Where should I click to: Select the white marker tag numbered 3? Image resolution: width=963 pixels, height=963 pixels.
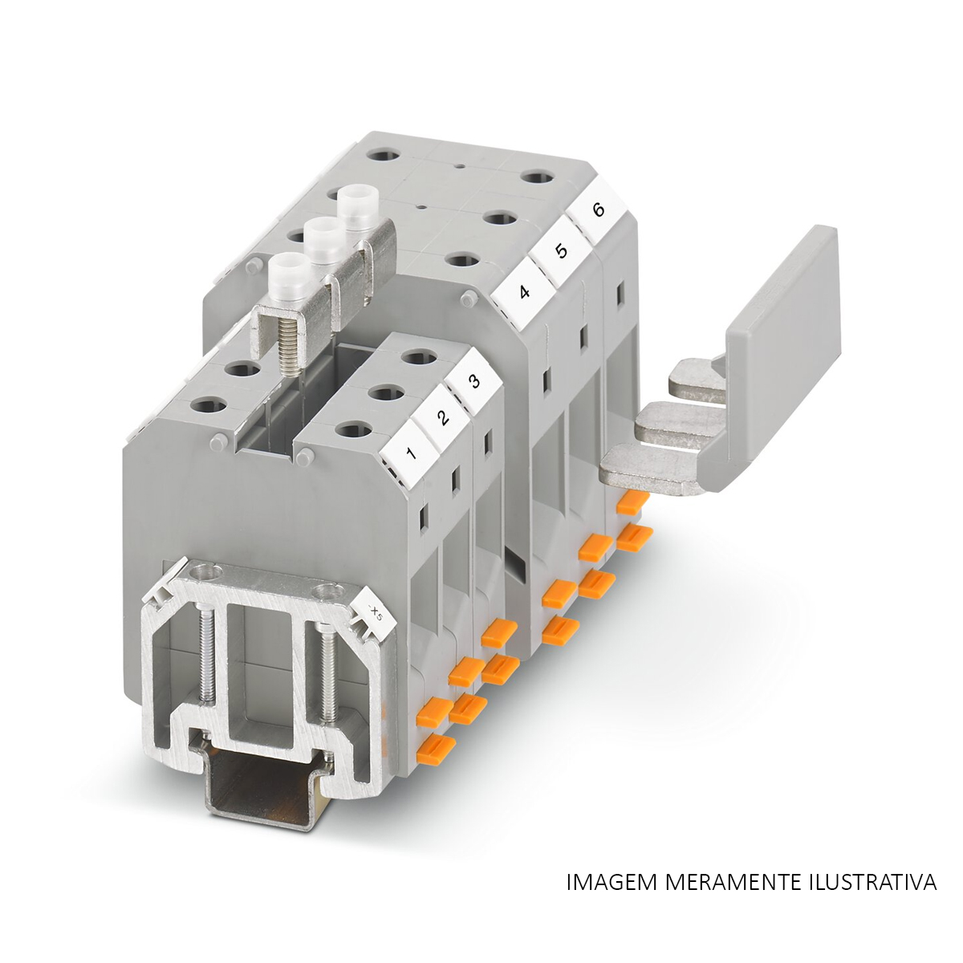[474, 382]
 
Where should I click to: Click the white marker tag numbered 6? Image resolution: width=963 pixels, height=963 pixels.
[597, 211]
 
